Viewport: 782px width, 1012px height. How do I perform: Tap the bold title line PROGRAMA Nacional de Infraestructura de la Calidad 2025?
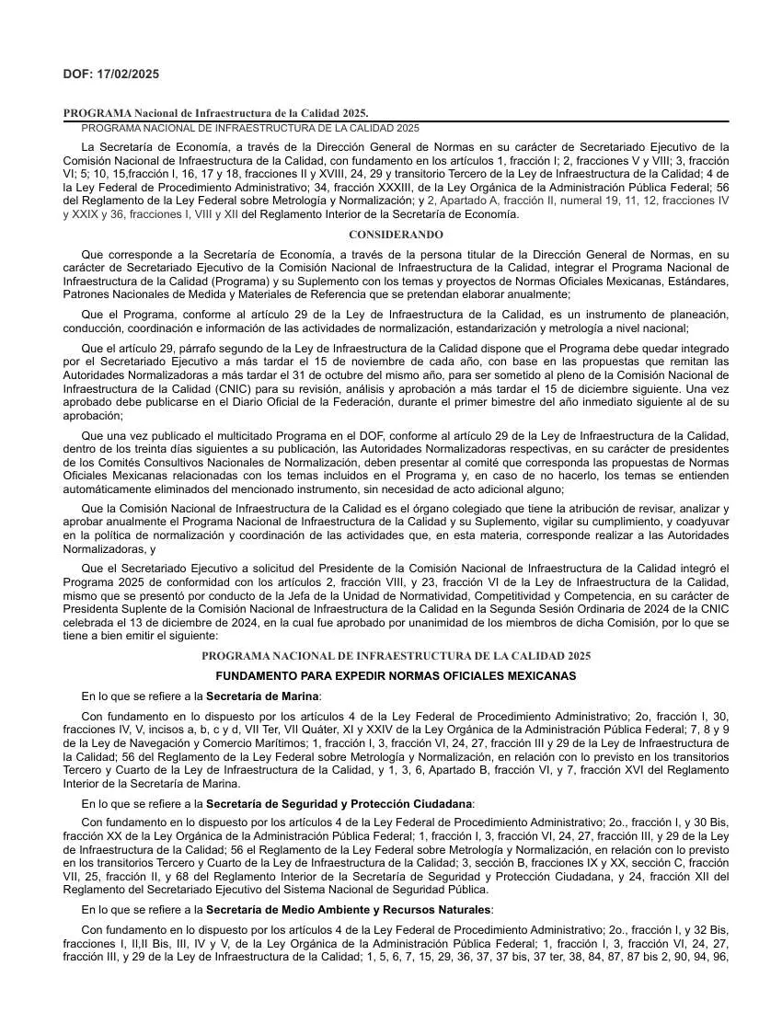(215, 113)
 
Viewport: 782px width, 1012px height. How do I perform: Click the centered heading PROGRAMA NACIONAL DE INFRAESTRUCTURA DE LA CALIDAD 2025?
(396, 656)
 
